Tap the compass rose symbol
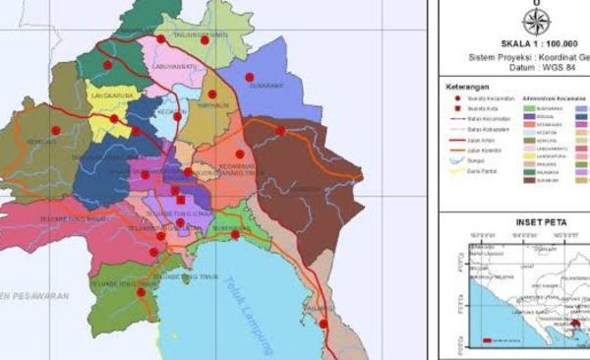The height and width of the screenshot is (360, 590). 536,22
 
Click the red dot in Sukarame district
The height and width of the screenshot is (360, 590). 249,77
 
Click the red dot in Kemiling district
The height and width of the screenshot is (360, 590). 55,130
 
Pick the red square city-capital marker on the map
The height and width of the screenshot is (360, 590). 180,200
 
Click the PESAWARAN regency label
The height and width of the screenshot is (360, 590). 29,294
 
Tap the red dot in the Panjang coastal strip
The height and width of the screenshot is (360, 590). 323,323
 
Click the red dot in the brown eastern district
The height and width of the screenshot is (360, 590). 280,131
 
